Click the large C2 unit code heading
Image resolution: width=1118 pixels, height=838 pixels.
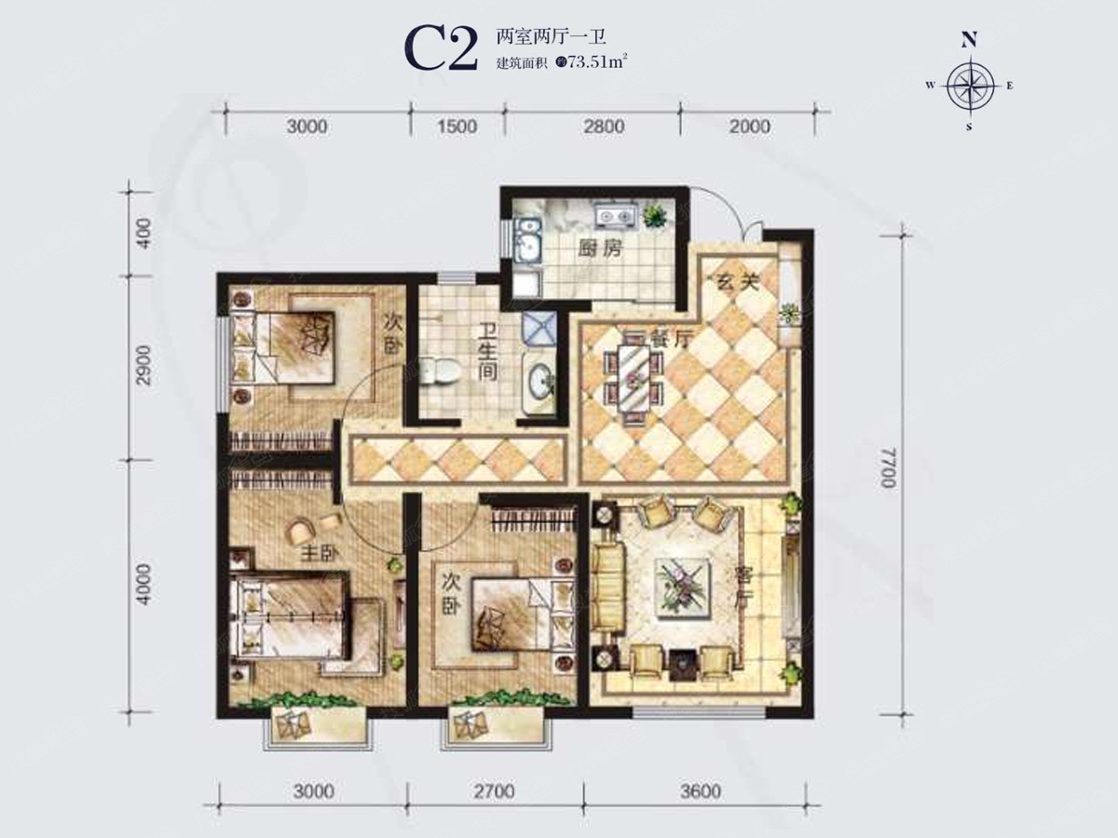441,49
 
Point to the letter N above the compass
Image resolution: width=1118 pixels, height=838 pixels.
969,40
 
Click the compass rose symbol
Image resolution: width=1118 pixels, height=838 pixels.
970,86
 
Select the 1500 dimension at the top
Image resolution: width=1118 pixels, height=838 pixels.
457,127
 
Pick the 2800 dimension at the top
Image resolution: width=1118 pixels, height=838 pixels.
604,127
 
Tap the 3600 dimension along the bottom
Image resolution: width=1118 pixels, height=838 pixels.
701,791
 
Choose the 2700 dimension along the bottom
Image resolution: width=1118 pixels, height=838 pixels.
494,791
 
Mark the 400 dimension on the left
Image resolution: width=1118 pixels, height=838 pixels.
144,233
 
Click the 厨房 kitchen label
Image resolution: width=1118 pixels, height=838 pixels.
601,249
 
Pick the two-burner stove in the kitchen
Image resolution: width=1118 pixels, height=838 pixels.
615,216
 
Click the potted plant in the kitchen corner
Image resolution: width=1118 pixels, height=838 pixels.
655,216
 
